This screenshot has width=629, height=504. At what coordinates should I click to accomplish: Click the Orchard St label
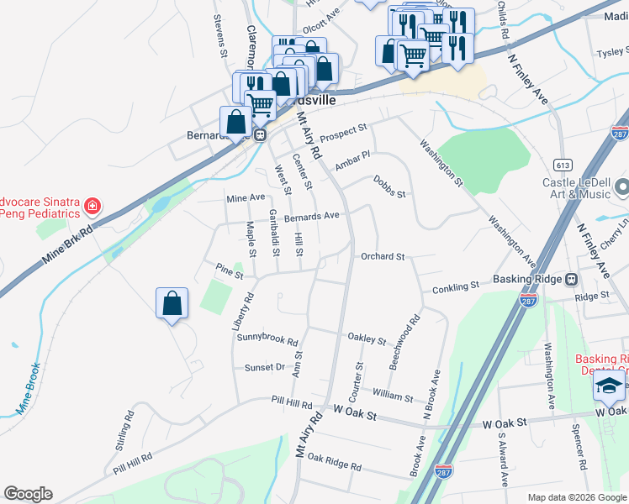[x=383, y=257]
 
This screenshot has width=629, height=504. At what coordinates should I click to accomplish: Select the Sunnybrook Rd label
[x=267, y=341]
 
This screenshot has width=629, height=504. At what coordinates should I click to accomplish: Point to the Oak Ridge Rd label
[x=334, y=460]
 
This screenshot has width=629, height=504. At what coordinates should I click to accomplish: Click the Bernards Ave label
[x=311, y=216]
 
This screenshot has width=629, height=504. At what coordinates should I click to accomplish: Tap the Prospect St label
[x=344, y=132]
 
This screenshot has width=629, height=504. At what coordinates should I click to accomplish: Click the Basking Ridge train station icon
[x=571, y=279]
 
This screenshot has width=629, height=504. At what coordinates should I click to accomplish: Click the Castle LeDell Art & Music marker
[x=622, y=186]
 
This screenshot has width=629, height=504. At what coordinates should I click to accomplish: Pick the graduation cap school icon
[x=607, y=386]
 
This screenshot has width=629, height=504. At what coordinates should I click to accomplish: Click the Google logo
[x=28, y=494]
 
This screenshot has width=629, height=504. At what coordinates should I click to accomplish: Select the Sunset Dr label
[x=265, y=367]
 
